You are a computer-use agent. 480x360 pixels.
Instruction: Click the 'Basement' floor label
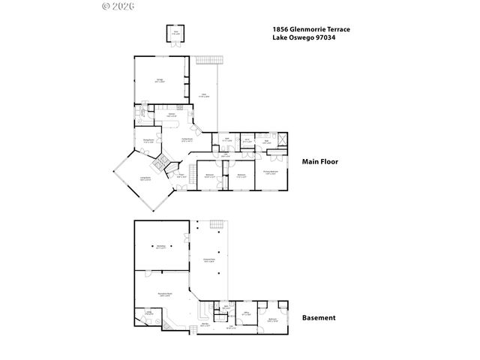pyautogui.click(x=318, y=317)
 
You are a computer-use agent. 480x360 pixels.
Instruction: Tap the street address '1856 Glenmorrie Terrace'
pyautogui.click(x=308, y=30)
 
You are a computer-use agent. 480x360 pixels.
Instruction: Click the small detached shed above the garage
pyautogui.click(x=175, y=34)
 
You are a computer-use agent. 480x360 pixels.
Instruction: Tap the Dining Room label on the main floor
pyautogui.click(x=148, y=139)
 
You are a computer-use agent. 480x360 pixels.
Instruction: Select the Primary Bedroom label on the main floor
pyautogui.click(x=271, y=172)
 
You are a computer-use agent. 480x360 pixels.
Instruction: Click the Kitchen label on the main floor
pyautogui.click(x=171, y=114)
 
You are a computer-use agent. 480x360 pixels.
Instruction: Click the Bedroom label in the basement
pyautogui.click(x=271, y=319)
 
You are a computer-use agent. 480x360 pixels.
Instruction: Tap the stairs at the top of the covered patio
pyautogui.click(x=217, y=226)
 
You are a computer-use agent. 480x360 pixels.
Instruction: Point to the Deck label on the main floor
pyautogui.click(x=205, y=95)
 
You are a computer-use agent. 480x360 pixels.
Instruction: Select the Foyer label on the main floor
pyautogui.click(x=181, y=175)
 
